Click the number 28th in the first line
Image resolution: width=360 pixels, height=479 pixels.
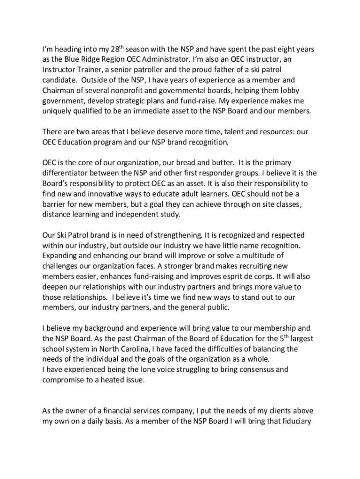point(118,49)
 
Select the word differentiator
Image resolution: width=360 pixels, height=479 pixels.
point(67,173)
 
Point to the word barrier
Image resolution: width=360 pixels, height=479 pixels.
point(54,203)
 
